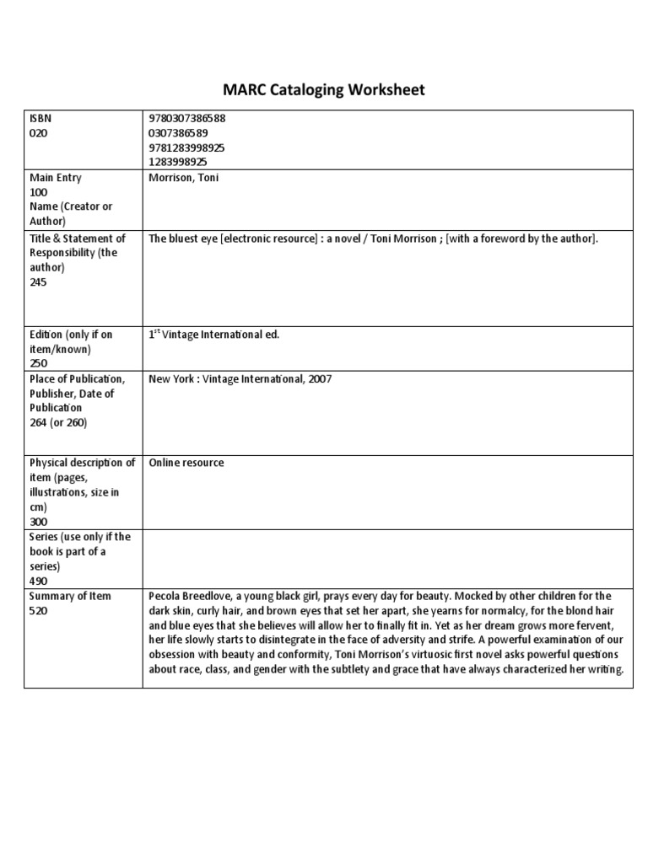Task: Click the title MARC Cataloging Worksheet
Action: (x=323, y=89)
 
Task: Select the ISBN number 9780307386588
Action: (x=187, y=119)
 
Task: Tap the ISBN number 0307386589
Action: (x=179, y=133)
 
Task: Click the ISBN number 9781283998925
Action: (x=187, y=147)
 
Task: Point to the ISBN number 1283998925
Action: (x=179, y=162)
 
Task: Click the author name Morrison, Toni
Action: (x=184, y=178)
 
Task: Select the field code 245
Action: (x=39, y=281)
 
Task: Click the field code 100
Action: (x=39, y=192)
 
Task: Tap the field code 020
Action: (x=39, y=133)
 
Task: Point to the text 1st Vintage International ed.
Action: (x=213, y=335)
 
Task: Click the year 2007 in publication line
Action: (x=320, y=379)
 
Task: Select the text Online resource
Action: (x=186, y=463)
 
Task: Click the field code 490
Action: (x=39, y=580)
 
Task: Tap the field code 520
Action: (x=39, y=610)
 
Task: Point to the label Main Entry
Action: (x=56, y=178)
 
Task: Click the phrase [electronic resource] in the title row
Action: (x=256, y=239)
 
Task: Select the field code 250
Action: (x=39, y=362)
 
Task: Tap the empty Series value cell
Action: (x=387, y=559)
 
